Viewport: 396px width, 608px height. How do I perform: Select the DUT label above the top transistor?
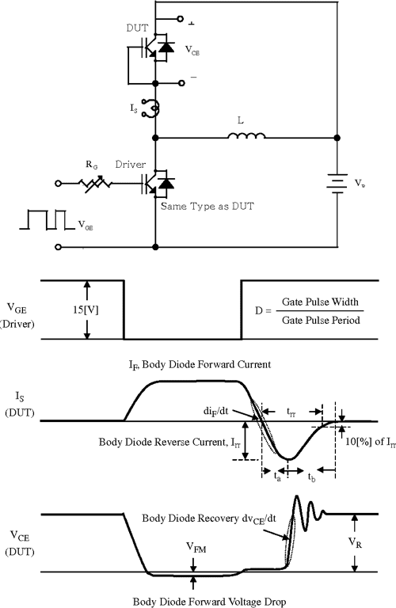tap(137, 27)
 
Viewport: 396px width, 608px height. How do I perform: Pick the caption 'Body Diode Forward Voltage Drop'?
tap(198, 598)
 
